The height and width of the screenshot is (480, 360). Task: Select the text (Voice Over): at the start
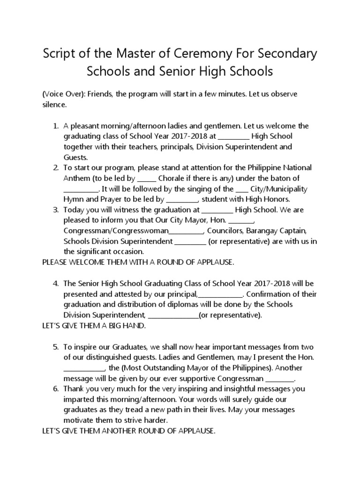[x=63, y=94]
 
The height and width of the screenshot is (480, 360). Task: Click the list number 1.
[x=55, y=126]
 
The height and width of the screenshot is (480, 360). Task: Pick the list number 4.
[x=55, y=284]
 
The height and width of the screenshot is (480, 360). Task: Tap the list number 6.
[x=55, y=389]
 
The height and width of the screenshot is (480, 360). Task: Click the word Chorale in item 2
[x=172, y=179]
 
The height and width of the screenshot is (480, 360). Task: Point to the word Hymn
[x=73, y=199]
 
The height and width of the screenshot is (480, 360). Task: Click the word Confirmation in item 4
[x=268, y=294]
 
